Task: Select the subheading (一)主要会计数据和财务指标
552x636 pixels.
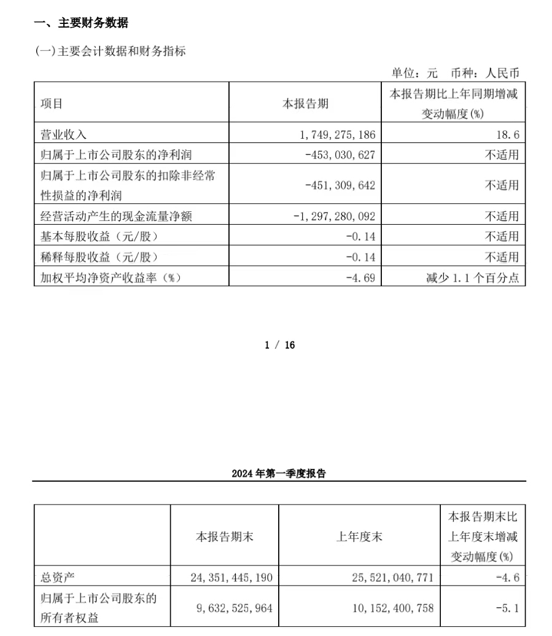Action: [110, 52]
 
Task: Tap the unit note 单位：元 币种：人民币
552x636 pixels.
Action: [455, 72]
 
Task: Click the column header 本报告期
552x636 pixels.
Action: [305, 104]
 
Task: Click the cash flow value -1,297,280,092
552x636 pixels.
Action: [335, 216]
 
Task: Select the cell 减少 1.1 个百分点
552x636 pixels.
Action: [472, 277]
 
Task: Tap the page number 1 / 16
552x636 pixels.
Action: [279, 345]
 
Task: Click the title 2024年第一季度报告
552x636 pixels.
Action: [279, 473]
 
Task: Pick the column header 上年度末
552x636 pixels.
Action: [359, 537]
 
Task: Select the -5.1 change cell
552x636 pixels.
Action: [508, 608]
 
